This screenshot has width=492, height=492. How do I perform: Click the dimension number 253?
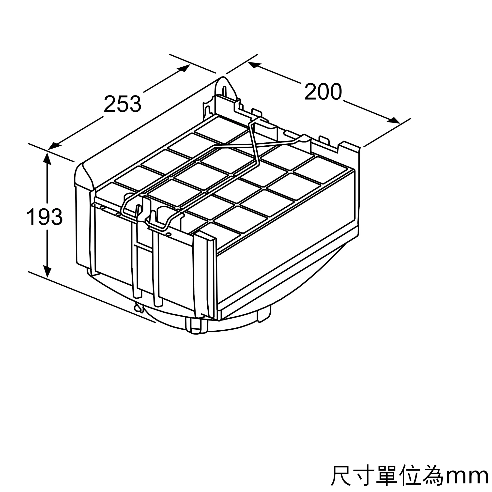(122, 104)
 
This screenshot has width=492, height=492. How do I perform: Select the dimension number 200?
(323, 92)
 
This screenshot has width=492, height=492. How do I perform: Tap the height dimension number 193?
(44, 217)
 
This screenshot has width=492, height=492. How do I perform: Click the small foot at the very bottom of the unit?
(196, 328)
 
